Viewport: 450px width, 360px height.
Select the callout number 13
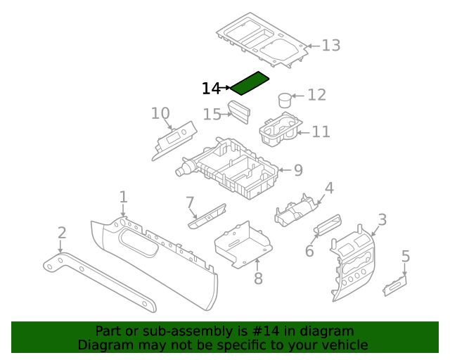(330, 46)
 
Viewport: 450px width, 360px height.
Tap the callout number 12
(316, 95)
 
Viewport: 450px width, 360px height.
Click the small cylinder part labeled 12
(285, 100)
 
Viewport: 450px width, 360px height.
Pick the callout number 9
(297, 169)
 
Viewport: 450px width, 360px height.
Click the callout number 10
(160, 113)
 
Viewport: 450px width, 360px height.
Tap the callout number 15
(212, 114)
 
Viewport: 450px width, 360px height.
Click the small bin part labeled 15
(240, 110)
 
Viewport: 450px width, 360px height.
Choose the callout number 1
(123, 197)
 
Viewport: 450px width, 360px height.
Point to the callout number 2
(62, 233)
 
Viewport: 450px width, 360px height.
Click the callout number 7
(190, 203)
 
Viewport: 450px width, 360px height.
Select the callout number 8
(258, 279)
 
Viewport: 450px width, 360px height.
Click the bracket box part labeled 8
(243, 243)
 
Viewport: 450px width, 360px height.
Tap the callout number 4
(328, 188)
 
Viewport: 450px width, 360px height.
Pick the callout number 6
(309, 251)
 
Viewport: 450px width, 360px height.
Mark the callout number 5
(405, 257)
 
